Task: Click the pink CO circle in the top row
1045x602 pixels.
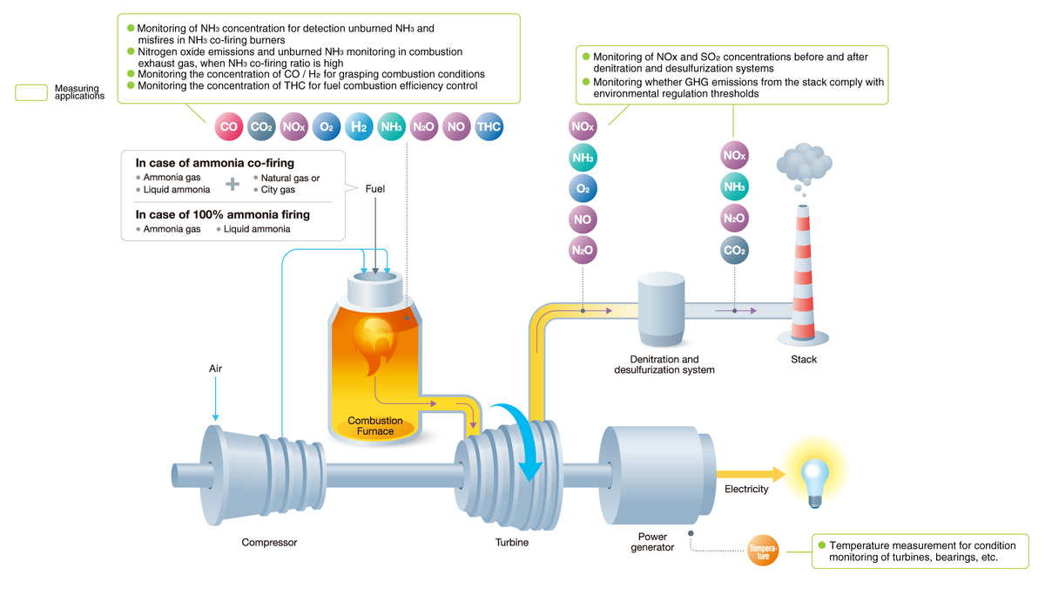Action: tap(229, 127)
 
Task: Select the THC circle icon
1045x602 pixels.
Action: tap(489, 127)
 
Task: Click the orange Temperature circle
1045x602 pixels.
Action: tap(764, 549)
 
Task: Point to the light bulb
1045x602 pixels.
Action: tap(813, 476)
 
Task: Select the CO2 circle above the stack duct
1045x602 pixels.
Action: tap(734, 251)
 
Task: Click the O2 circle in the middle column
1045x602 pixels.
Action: tap(583, 188)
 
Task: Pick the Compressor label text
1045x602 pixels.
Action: tap(269, 543)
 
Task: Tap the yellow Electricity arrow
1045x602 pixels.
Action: tap(750, 473)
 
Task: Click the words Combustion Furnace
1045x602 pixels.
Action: tap(375, 426)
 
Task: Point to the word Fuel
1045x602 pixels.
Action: tap(375, 188)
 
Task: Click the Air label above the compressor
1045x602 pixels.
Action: tap(215, 369)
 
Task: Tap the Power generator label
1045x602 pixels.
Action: tap(652, 542)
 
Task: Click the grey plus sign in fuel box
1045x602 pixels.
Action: tap(232, 184)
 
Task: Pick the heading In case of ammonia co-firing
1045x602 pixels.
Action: tap(214, 163)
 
